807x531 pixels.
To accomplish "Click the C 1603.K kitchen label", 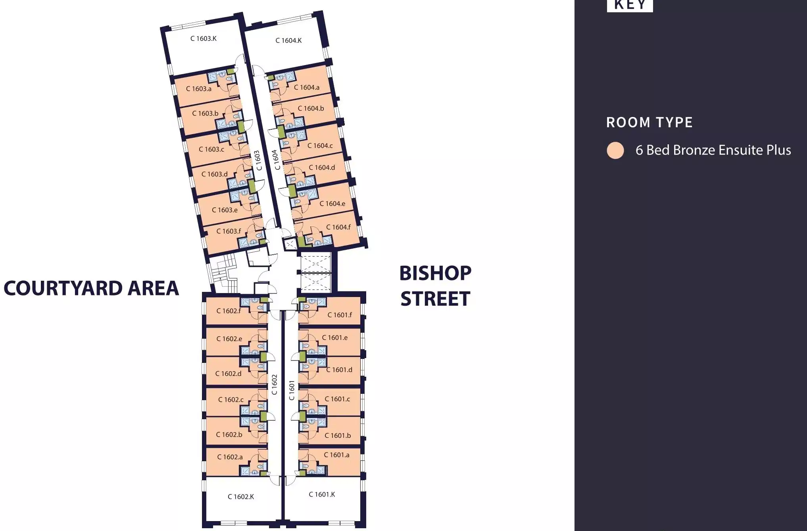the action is (203, 38).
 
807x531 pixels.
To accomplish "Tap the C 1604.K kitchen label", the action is (288, 40).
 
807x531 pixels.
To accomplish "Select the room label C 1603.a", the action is (198, 89).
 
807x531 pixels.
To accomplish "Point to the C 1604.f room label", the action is (338, 227).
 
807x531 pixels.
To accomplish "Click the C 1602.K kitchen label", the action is (240, 497).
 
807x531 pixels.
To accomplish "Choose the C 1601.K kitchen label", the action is (322, 495).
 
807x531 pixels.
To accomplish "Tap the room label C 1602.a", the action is (230, 457).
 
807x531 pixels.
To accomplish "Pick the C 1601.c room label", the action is (337, 399).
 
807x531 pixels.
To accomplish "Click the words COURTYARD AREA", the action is (91, 288).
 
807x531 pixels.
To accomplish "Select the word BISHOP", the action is (435, 273).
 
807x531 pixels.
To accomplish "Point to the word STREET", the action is (435, 299).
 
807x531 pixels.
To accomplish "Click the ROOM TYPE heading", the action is (649, 123).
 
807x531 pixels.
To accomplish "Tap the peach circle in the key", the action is (615, 151).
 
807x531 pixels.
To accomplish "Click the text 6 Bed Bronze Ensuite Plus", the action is (713, 150).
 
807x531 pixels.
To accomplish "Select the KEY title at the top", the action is (630, 5).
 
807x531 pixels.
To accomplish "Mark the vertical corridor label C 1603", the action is (258, 160).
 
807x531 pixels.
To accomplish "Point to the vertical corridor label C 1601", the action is (292, 391).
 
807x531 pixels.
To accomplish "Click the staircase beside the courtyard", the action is (223, 274).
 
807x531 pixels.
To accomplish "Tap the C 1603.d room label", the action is (214, 174).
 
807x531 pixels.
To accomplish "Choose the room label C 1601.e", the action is (334, 338).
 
